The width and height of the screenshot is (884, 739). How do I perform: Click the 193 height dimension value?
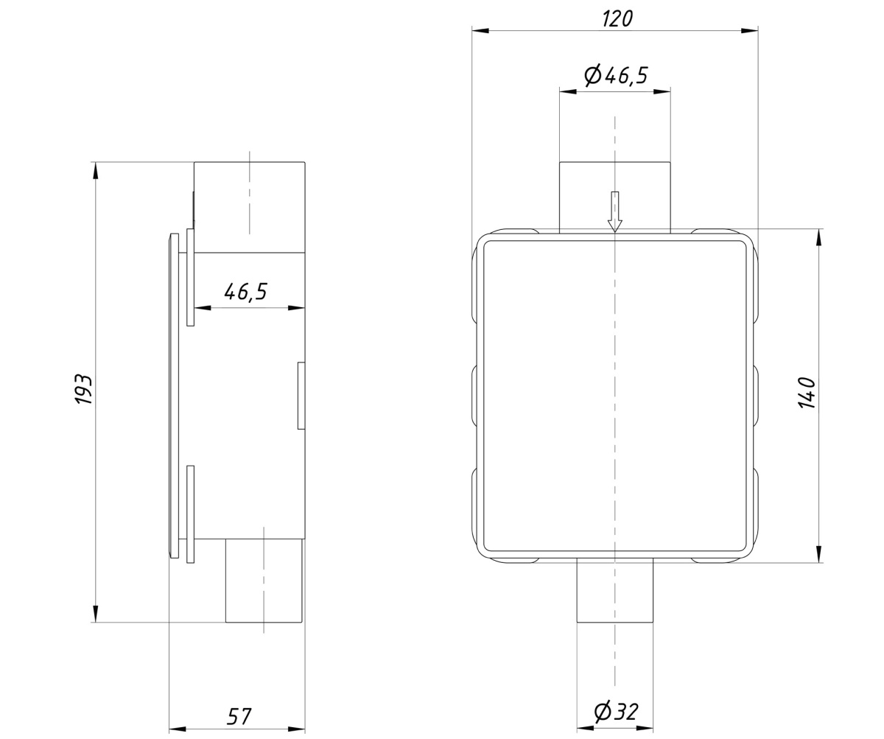(84, 390)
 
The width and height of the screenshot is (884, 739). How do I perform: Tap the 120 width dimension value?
(618, 19)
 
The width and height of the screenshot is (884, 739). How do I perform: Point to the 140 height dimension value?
(807, 393)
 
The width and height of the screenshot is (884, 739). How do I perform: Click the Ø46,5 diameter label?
(616, 75)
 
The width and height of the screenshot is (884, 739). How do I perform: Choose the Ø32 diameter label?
(616, 712)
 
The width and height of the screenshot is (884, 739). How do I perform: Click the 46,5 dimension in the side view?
(245, 292)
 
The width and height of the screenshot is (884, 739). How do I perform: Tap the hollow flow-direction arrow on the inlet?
(614, 211)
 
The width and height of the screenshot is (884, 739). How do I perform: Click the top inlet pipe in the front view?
(614, 197)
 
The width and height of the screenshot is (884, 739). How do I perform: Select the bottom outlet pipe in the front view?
(614, 592)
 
